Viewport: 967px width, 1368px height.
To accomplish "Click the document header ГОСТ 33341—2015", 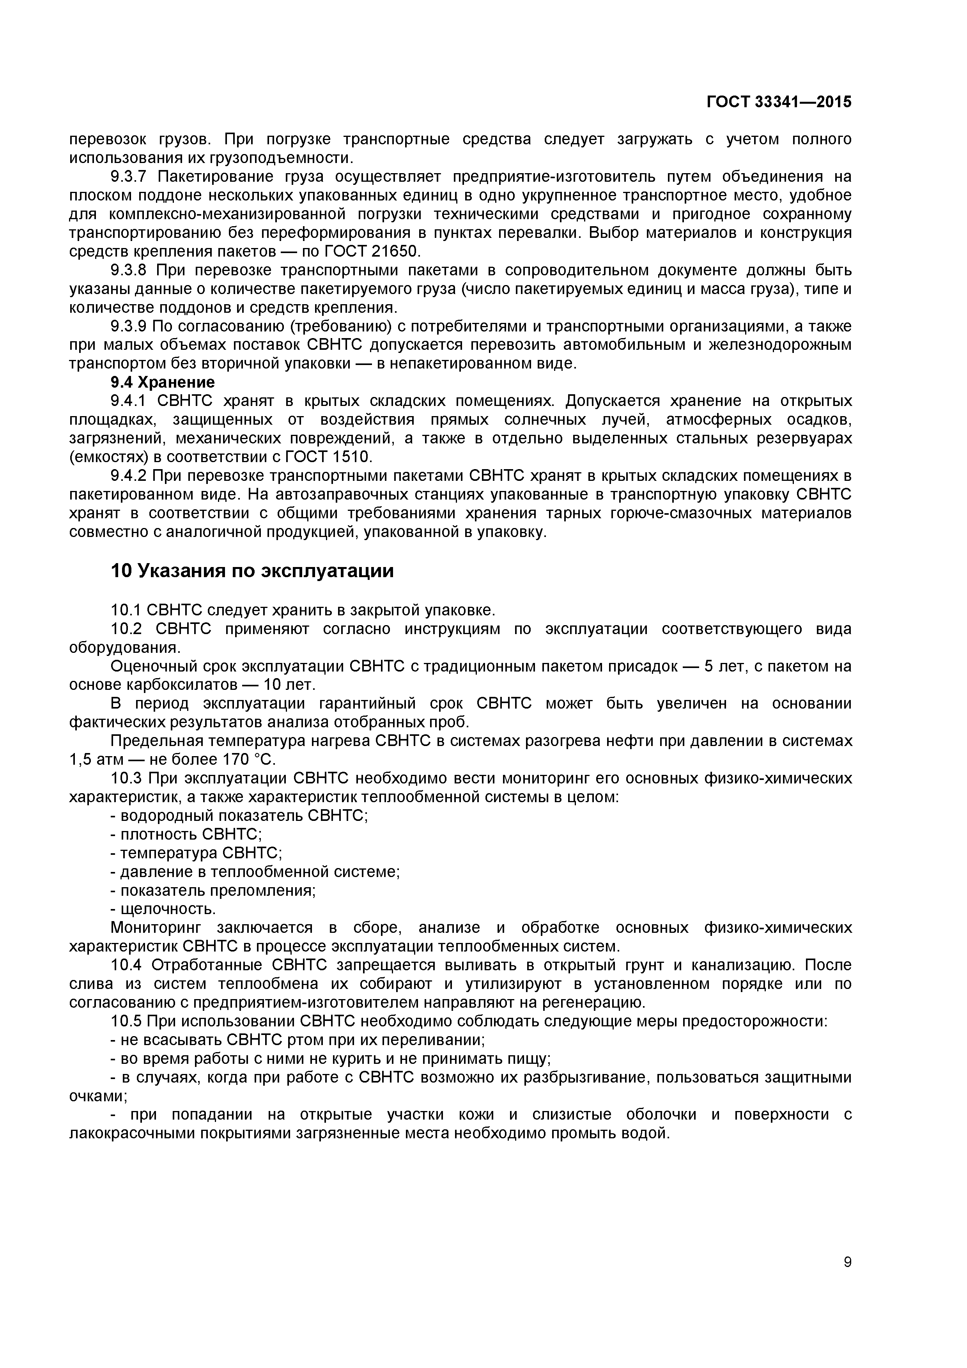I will coord(779,102).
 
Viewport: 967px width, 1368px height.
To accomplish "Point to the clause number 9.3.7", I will coord(131,177).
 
